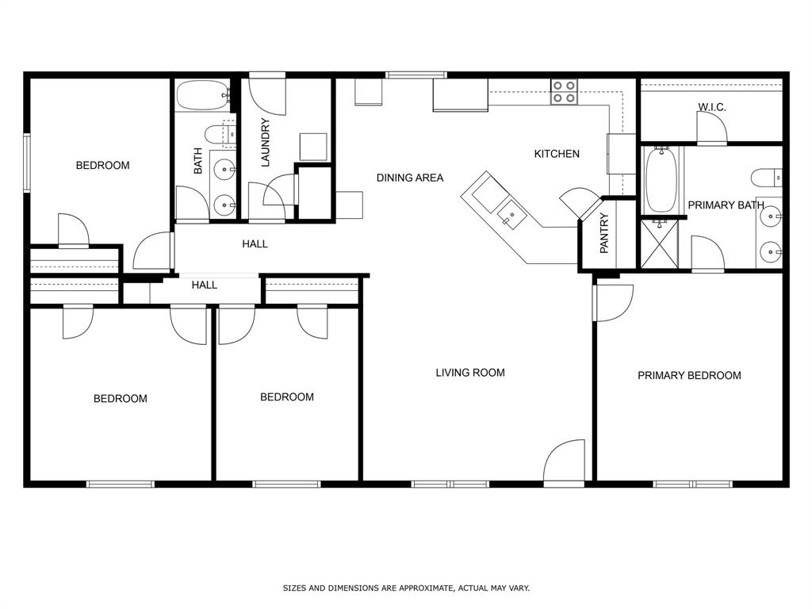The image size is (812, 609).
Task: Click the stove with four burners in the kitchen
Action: click(x=564, y=92)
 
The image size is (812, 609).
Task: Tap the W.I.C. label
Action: click(x=712, y=107)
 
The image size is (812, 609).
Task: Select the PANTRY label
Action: click(x=604, y=233)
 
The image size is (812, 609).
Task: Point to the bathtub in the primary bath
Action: click(x=661, y=180)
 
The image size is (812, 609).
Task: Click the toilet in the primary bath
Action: click(x=766, y=177)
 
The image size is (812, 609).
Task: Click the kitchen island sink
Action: click(x=511, y=213)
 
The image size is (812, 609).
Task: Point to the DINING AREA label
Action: click(x=410, y=178)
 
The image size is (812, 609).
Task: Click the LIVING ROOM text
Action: click(x=470, y=372)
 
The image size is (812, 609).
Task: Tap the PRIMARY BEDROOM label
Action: click(x=689, y=375)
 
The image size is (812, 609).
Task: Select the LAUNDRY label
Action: click(x=266, y=143)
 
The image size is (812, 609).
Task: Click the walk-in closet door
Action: click(x=711, y=128)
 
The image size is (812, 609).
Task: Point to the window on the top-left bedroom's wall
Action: click(x=27, y=163)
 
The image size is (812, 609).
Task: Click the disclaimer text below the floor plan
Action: click(x=406, y=588)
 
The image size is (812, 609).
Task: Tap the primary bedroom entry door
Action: click(x=612, y=303)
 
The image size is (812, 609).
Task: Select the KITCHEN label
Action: click(x=557, y=154)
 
